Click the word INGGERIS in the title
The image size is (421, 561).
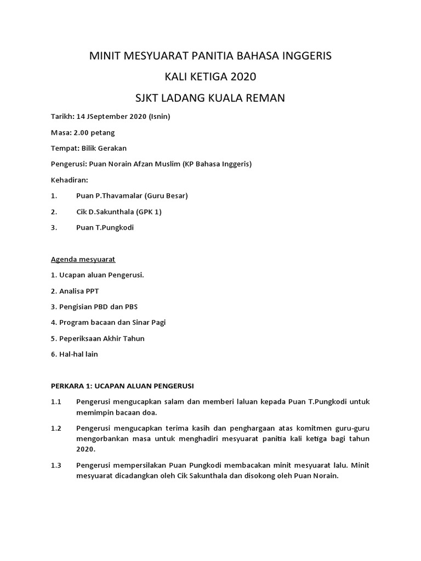pos(302,55)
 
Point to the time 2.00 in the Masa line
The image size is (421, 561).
pos(82,133)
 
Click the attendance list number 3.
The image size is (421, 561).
pos(54,227)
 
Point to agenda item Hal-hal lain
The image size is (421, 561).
pos(75,354)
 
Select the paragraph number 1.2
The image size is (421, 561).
pos(56,427)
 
